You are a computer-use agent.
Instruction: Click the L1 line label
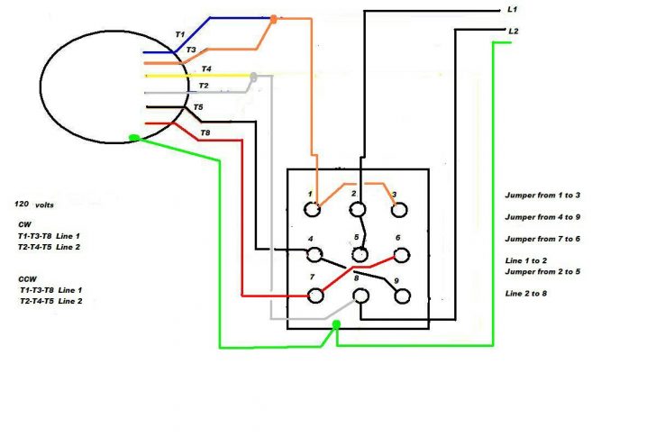[513, 9]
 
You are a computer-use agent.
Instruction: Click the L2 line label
[513, 32]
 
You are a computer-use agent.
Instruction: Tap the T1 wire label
[180, 34]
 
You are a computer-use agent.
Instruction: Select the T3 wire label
[191, 50]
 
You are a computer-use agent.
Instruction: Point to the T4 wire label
[206, 68]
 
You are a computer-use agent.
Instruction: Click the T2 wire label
[204, 86]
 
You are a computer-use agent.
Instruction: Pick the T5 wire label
[198, 108]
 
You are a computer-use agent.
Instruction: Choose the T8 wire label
[205, 132]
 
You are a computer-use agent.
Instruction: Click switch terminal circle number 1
[313, 210]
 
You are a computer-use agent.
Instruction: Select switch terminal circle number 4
[314, 254]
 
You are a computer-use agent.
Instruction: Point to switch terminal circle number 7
[315, 295]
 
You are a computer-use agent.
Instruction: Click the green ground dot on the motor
[134, 138]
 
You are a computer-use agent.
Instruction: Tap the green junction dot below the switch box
[336, 324]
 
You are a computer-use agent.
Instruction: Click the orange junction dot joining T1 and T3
[274, 17]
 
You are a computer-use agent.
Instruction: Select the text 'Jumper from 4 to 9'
[542, 216]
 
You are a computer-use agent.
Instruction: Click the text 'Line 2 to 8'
[526, 294]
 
